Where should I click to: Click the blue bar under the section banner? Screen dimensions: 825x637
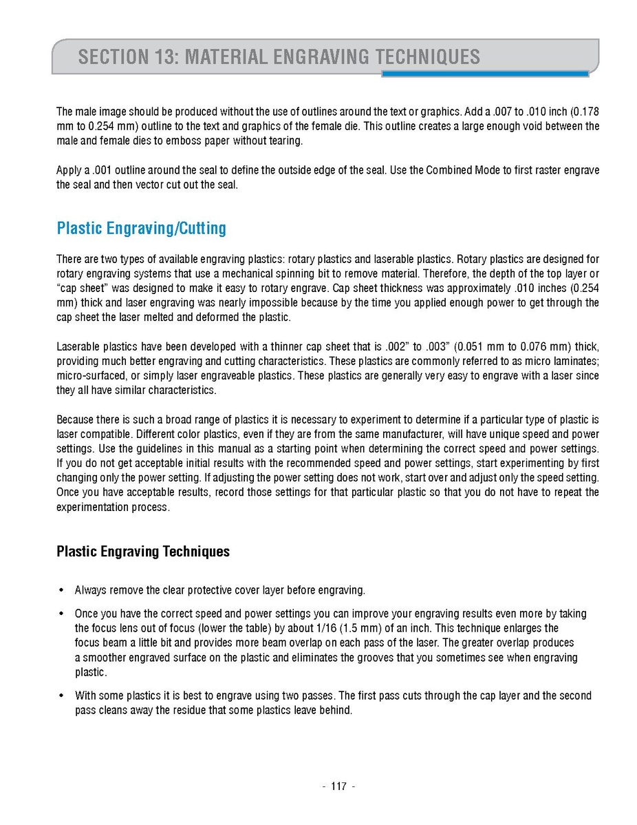484,74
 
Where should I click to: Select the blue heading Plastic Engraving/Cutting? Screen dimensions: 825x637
141,228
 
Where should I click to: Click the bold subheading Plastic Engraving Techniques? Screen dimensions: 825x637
143,551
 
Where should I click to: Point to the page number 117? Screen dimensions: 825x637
338,786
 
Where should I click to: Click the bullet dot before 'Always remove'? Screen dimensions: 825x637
61,591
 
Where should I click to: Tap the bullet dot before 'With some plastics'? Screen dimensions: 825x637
61,696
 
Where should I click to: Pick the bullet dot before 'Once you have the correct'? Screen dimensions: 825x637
61,614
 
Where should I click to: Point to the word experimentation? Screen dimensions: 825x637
92,508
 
